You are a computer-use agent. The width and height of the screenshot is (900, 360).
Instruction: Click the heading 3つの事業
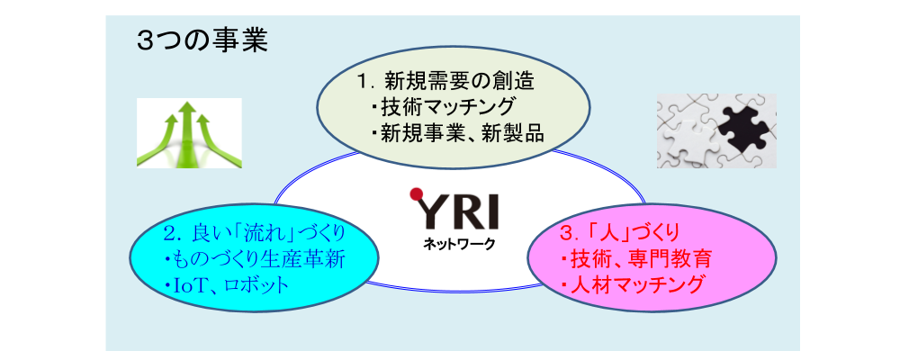202,41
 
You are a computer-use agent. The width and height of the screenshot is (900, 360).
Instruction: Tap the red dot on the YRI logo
416,194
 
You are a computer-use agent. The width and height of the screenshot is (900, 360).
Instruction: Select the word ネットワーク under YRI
459,245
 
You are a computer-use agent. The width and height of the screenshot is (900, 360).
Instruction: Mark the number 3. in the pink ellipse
568,233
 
